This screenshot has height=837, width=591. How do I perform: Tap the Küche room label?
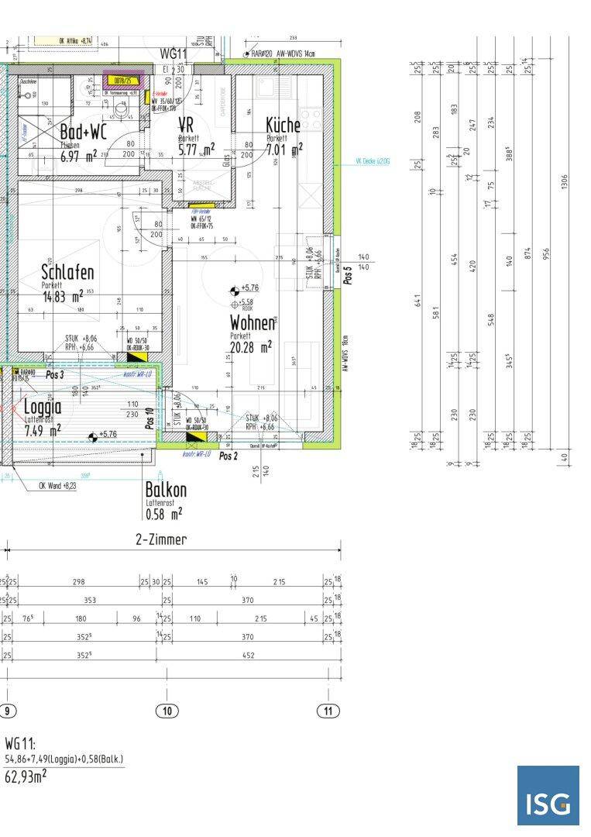click(283, 126)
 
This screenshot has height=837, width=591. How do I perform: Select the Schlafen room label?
click(67, 272)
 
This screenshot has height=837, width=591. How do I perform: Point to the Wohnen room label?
click(252, 323)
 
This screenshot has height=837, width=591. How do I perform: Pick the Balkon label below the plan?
click(165, 491)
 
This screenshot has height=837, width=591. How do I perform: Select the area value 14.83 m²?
click(62, 296)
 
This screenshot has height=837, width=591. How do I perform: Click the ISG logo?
click(548, 796)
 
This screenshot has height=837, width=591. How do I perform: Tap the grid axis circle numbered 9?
click(7, 711)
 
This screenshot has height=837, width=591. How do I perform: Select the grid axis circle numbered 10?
click(167, 711)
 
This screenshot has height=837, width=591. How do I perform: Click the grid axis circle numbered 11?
click(328, 711)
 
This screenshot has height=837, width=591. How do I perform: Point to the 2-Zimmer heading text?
click(161, 539)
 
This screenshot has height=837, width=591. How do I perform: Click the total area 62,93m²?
click(26, 776)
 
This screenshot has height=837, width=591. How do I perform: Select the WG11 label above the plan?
click(174, 53)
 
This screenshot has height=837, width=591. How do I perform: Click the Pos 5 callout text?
click(348, 276)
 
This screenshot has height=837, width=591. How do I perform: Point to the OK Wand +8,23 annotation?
click(57, 486)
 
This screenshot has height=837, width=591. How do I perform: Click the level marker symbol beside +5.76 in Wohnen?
click(234, 291)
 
